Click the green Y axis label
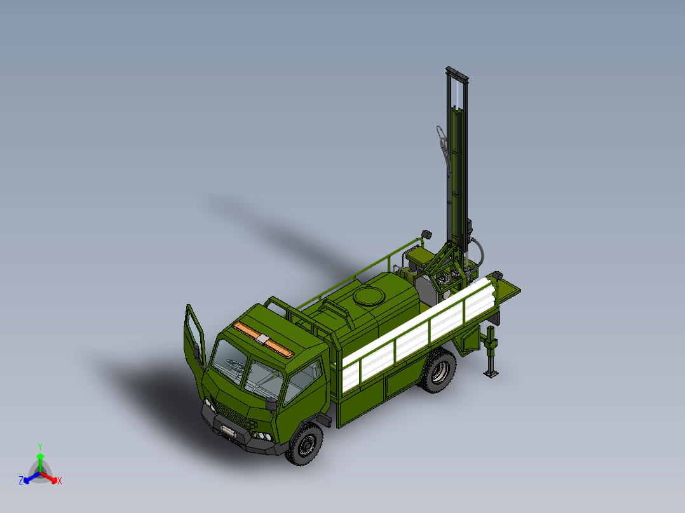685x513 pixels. click(x=39, y=446)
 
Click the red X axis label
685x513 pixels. click(x=60, y=481)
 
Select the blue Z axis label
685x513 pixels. click(x=21, y=481)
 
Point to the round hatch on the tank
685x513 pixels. click(x=368, y=296)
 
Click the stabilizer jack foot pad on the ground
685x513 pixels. click(x=491, y=374)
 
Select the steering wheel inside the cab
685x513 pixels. click(x=234, y=364)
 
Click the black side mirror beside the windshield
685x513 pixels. click(x=271, y=403)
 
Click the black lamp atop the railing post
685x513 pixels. click(x=425, y=235)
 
